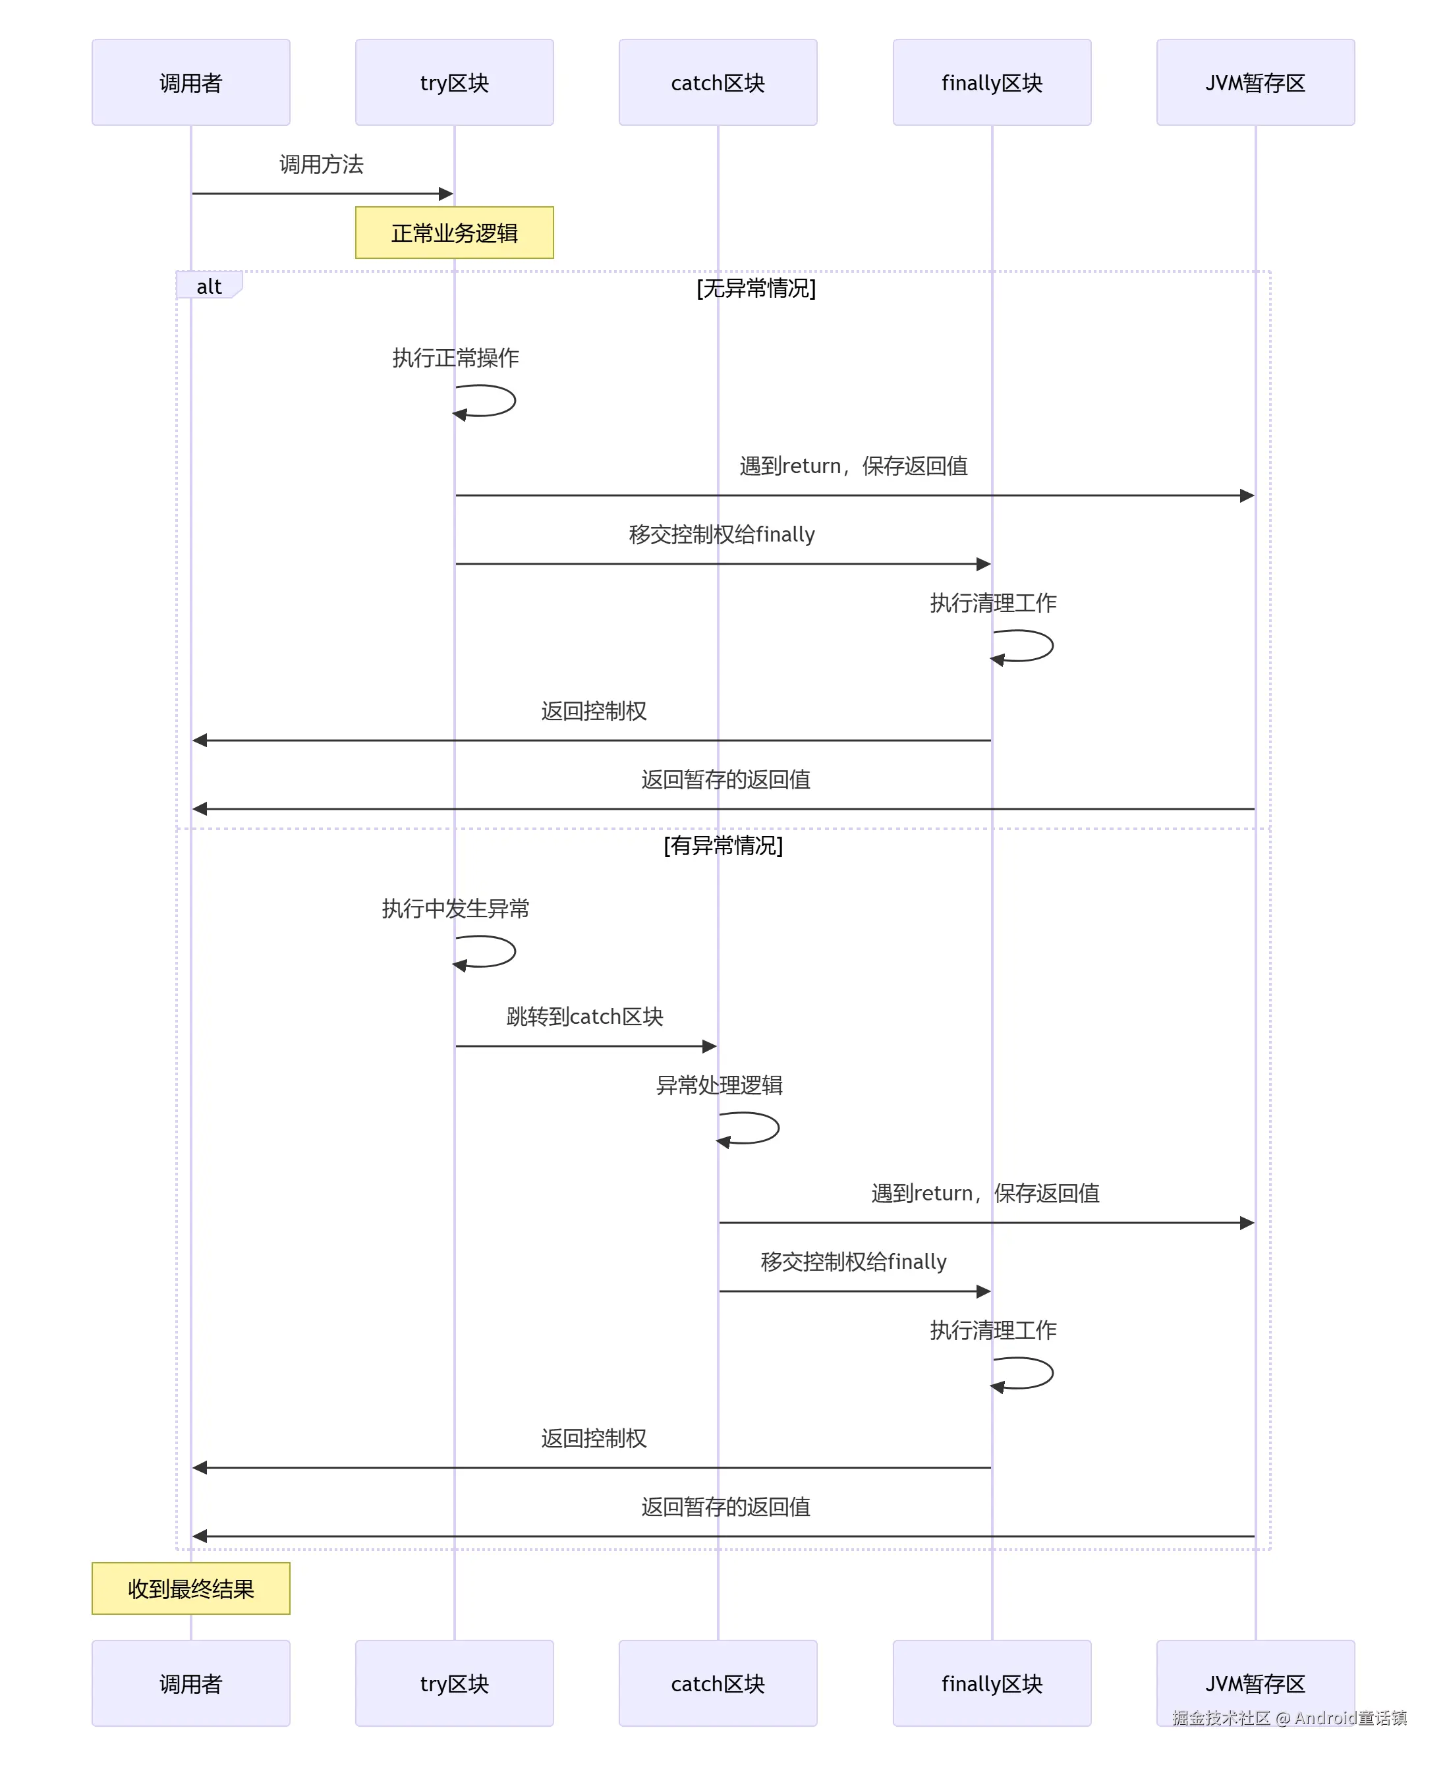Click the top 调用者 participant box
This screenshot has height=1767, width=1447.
tap(191, 82)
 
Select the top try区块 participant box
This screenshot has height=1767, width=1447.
tap(454, 82)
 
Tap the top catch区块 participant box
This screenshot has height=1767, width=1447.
tap(718, 82)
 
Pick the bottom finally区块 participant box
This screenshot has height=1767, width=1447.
tap(992, 1683)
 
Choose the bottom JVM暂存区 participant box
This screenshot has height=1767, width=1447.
tap(1255, 1683)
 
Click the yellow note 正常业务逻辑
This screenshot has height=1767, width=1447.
tap(454, 233)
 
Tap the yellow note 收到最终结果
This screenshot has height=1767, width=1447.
tap(191, 1588)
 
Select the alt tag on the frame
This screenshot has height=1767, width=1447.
tap(210, 285)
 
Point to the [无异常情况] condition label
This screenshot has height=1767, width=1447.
tap(756, 289)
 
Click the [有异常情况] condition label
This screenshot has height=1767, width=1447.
tap(723, 846)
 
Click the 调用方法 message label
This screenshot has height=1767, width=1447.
tap(321, 164)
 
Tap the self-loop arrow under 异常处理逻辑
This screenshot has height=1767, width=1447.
tap(778, 1129)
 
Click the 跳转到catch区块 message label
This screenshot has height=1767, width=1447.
tap(585, 1017)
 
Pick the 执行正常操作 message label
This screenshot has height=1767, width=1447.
tap(455, 358)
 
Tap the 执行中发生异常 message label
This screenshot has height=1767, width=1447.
tap(455, 909)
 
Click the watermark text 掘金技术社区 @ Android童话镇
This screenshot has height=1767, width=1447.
tap(1290, 1718)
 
